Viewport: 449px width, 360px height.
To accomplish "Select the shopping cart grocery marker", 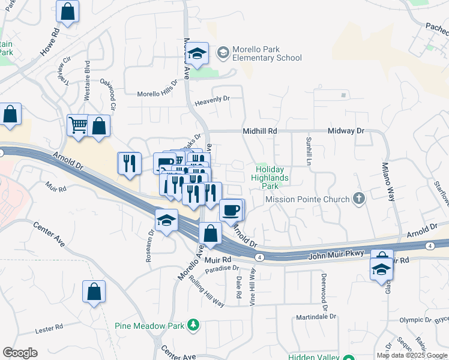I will click(x=79, y=125).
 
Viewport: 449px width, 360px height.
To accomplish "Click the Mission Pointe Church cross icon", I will click(x=358, y=199).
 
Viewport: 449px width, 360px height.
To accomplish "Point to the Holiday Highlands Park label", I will click(x=270, y=178).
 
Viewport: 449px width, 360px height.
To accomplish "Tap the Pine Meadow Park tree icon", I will click(x=193, y=326).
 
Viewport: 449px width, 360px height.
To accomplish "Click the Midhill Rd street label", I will click(x=260, y=131).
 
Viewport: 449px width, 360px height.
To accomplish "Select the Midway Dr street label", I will click(x=346, y=131).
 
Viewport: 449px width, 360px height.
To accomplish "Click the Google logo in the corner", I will click(x=19, y=352).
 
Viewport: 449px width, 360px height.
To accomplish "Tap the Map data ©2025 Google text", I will click(x=412, y=355).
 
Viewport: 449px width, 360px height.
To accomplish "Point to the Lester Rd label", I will click(x=49, y=328).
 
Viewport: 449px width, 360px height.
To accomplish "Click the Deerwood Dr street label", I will click(x=324, y=283).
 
